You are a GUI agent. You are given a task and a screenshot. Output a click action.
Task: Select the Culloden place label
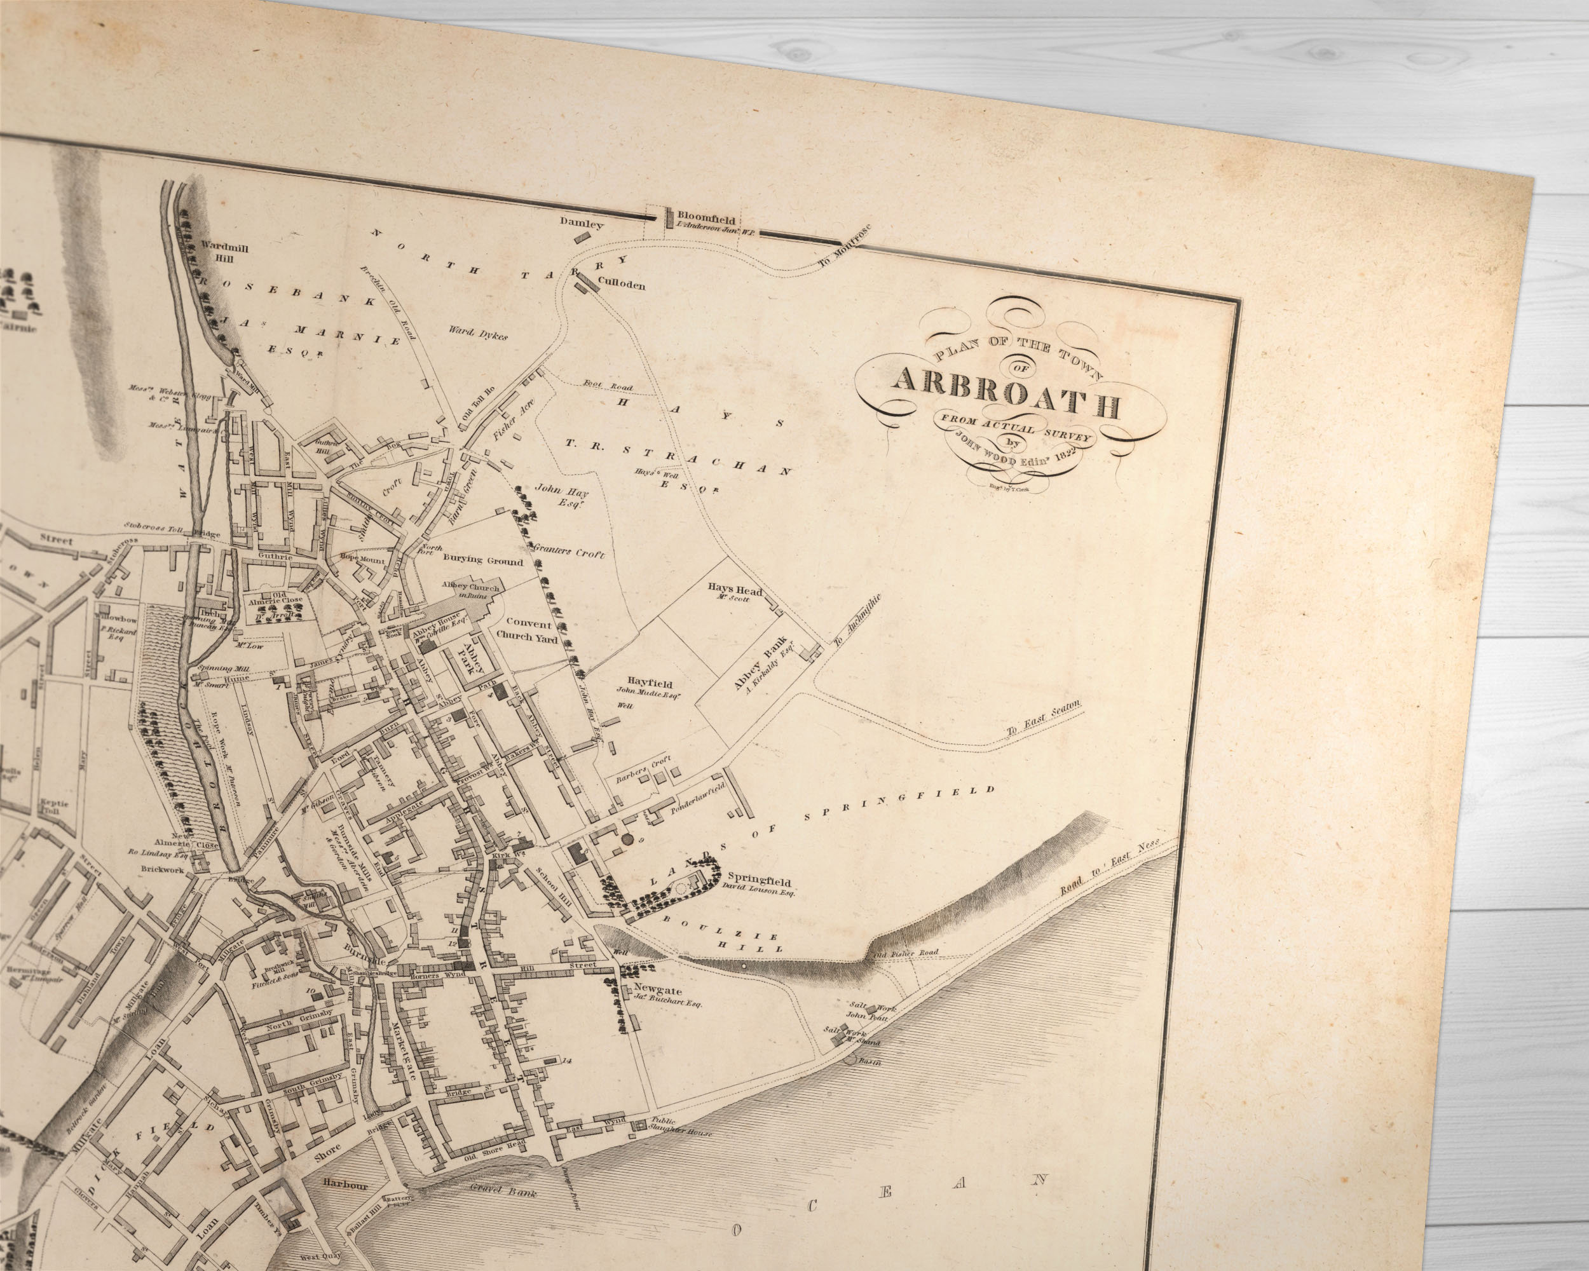tap(622, 283)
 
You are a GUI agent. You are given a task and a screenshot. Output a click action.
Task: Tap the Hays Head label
tap(735, 591)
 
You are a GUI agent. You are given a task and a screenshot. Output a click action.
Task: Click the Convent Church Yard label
tap(526, 630)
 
